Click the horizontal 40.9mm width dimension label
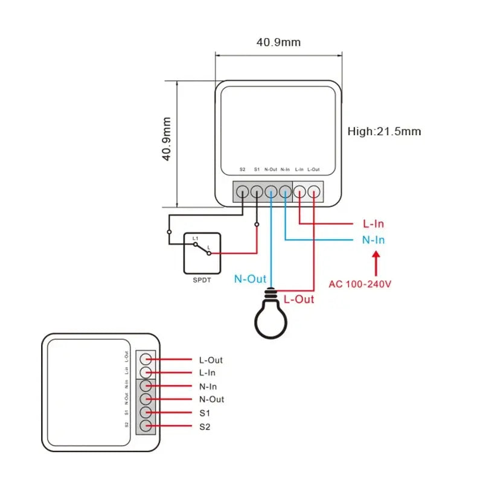click(278, 42)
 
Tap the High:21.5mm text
click(385, 131)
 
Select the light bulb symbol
click(271, 315)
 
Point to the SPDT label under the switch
click(202, 280)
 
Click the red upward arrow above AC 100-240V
click(376, 263)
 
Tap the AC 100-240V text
click(360, 283)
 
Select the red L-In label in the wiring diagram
click(373, 224)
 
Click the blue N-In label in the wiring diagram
click(373, 240)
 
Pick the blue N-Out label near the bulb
click(250, 279)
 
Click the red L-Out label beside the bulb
click(299, 299)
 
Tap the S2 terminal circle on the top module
click(242, 192)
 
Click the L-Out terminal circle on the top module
click(313, 192)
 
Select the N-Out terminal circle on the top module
click(271, 192)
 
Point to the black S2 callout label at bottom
click(205, 427)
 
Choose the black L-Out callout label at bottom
click(211, 360)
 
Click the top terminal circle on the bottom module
click(145, 359)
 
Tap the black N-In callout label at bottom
click(208, 386)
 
